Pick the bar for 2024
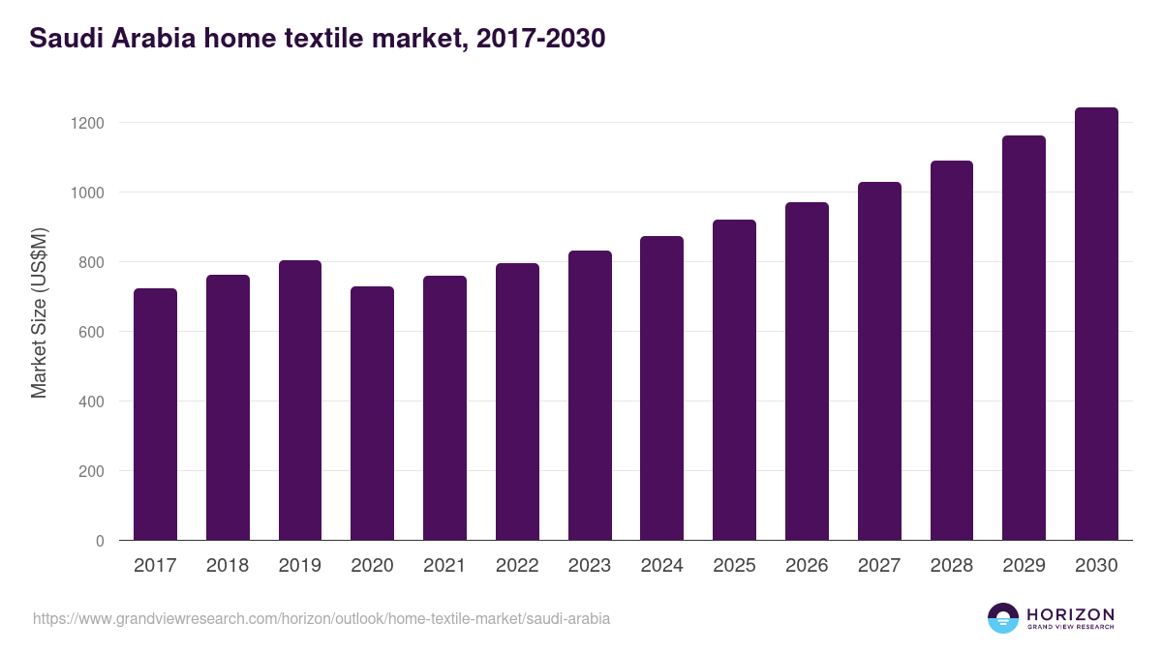click(x=661, y=388)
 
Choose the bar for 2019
click(x=300, y=401)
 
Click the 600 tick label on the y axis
click(x=91, y=332)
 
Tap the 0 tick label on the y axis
click(x=100, y=541)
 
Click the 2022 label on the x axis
click(x=517, y=566)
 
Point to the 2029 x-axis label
click(x=1024, y=566)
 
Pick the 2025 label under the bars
click(x=734, y=566)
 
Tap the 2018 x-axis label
click(x=228, y=566)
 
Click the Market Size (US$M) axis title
click(x=39, y=312)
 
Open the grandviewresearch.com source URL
click(x=321, y=618)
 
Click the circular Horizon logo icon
click(x=1003, y=618)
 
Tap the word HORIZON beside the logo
click(x=1070, y=614)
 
